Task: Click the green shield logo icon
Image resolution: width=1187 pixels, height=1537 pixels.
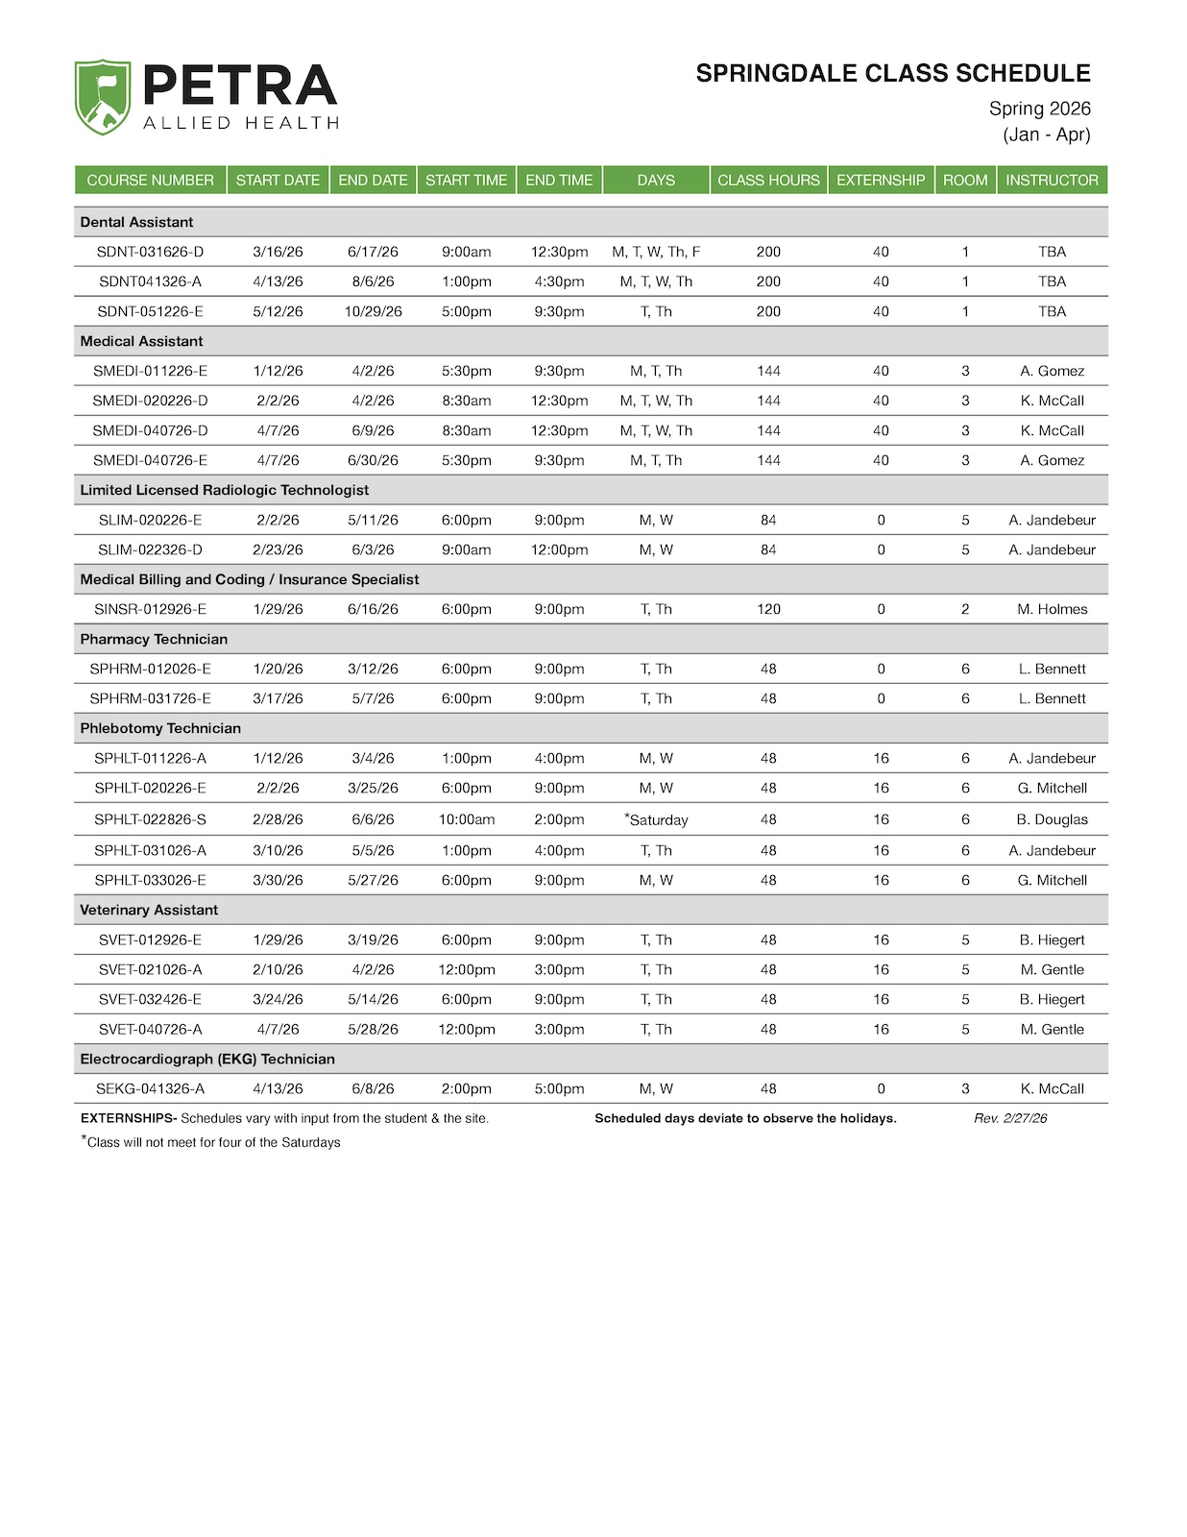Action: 103,96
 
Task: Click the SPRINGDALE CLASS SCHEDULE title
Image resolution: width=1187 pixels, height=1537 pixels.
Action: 893,74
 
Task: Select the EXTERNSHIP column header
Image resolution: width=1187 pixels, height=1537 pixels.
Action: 881,180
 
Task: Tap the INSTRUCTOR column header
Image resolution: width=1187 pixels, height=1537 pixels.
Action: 1052,180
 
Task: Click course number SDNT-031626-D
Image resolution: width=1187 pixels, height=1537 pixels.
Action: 150,252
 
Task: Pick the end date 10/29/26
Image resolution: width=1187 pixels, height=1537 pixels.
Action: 373,311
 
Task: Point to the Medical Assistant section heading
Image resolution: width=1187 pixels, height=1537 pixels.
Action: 141,341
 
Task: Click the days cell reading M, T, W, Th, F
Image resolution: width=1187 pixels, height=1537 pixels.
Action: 656,252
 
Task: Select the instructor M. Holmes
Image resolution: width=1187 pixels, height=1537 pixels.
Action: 1052,609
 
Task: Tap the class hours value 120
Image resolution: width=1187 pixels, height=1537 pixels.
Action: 768,609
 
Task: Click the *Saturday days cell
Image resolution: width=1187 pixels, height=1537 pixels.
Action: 657,819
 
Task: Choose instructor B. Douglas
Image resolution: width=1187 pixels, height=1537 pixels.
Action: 1052,819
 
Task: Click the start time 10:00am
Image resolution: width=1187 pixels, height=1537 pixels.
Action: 467,819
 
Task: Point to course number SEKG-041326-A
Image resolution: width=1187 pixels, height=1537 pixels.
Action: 150,1088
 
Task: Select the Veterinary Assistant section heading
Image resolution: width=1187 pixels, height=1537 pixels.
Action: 149,910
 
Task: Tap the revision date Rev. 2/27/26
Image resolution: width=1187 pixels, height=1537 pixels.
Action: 1010,1118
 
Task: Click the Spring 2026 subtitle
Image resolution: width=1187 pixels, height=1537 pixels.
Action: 1039,109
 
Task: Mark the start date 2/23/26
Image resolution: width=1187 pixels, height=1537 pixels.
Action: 278,549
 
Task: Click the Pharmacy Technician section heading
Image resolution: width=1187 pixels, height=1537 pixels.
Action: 154,639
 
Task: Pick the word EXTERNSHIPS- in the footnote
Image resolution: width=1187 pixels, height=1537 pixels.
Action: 129,1118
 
